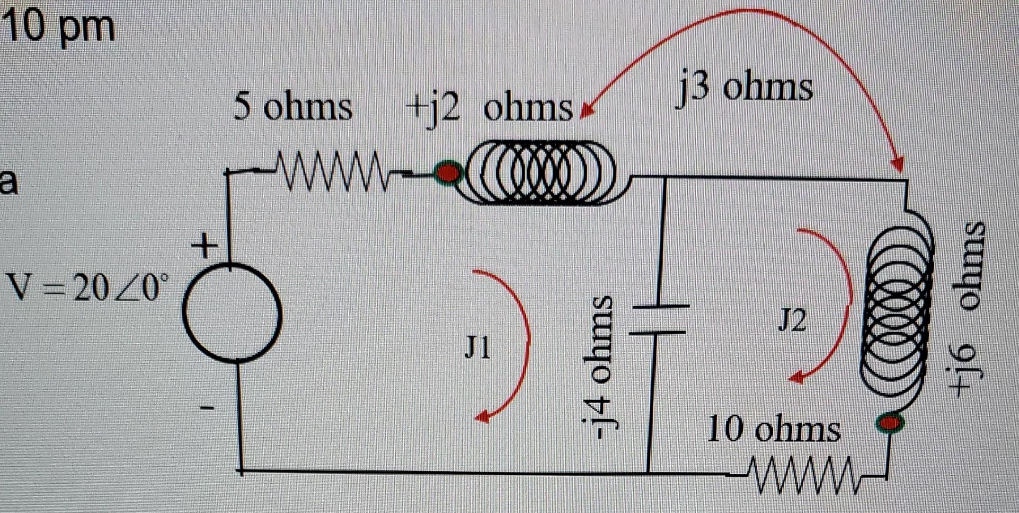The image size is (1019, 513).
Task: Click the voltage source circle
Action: point(232,313)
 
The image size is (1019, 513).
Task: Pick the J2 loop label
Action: point(792,320)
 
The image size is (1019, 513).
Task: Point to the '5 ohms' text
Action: point(292,107)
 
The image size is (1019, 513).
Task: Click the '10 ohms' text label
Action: point(773,429)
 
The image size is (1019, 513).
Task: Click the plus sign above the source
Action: point(204,246)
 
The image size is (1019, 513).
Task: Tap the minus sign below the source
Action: point(206,408)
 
